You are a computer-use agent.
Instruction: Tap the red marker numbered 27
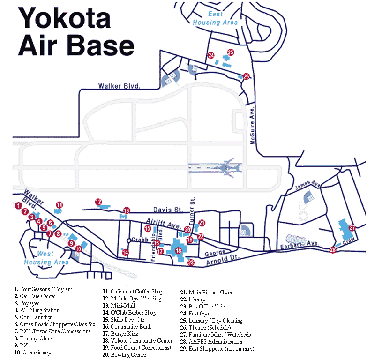352,227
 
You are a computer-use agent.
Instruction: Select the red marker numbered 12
98,202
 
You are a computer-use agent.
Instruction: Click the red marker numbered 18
178,251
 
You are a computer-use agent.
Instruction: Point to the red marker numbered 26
246,76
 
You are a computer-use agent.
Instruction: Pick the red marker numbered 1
18,205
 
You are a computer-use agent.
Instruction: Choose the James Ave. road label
307,186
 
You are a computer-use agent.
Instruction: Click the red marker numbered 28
333,250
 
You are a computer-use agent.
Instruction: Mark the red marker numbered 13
126,210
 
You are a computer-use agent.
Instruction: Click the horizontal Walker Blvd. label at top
120,86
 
